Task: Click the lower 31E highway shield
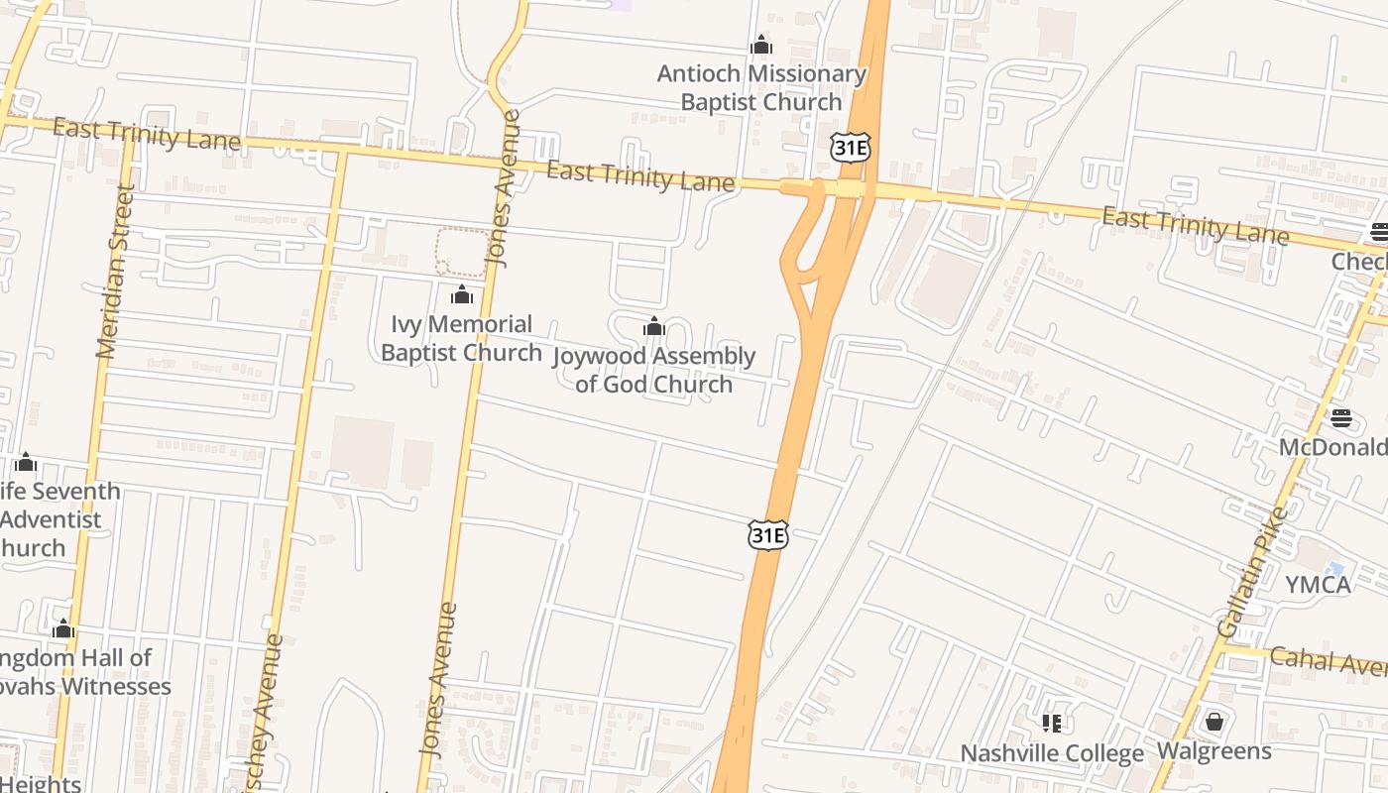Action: (x=767, y=535)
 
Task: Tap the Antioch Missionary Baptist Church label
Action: (x=760, y=88)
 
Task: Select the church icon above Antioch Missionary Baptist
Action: (x=761, y=45)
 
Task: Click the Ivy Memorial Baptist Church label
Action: (x=461, y=338)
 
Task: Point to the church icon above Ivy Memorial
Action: (x=461, y=294)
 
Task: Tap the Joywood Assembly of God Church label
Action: (x=653, y=370)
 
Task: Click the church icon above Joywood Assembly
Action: (x=653, y=326)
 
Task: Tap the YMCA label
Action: (x=1318, y=585)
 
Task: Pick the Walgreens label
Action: (x=1214, y=751)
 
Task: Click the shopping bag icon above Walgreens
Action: (x=1214, y=722)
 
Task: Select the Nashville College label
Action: (x=1051, y=753)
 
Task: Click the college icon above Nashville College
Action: (x=1051, y=723)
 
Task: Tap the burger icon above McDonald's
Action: (x=1340, y=418)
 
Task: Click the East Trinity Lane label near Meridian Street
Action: (x=146, y=134)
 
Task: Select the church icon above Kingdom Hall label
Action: (x=63, y=628)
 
